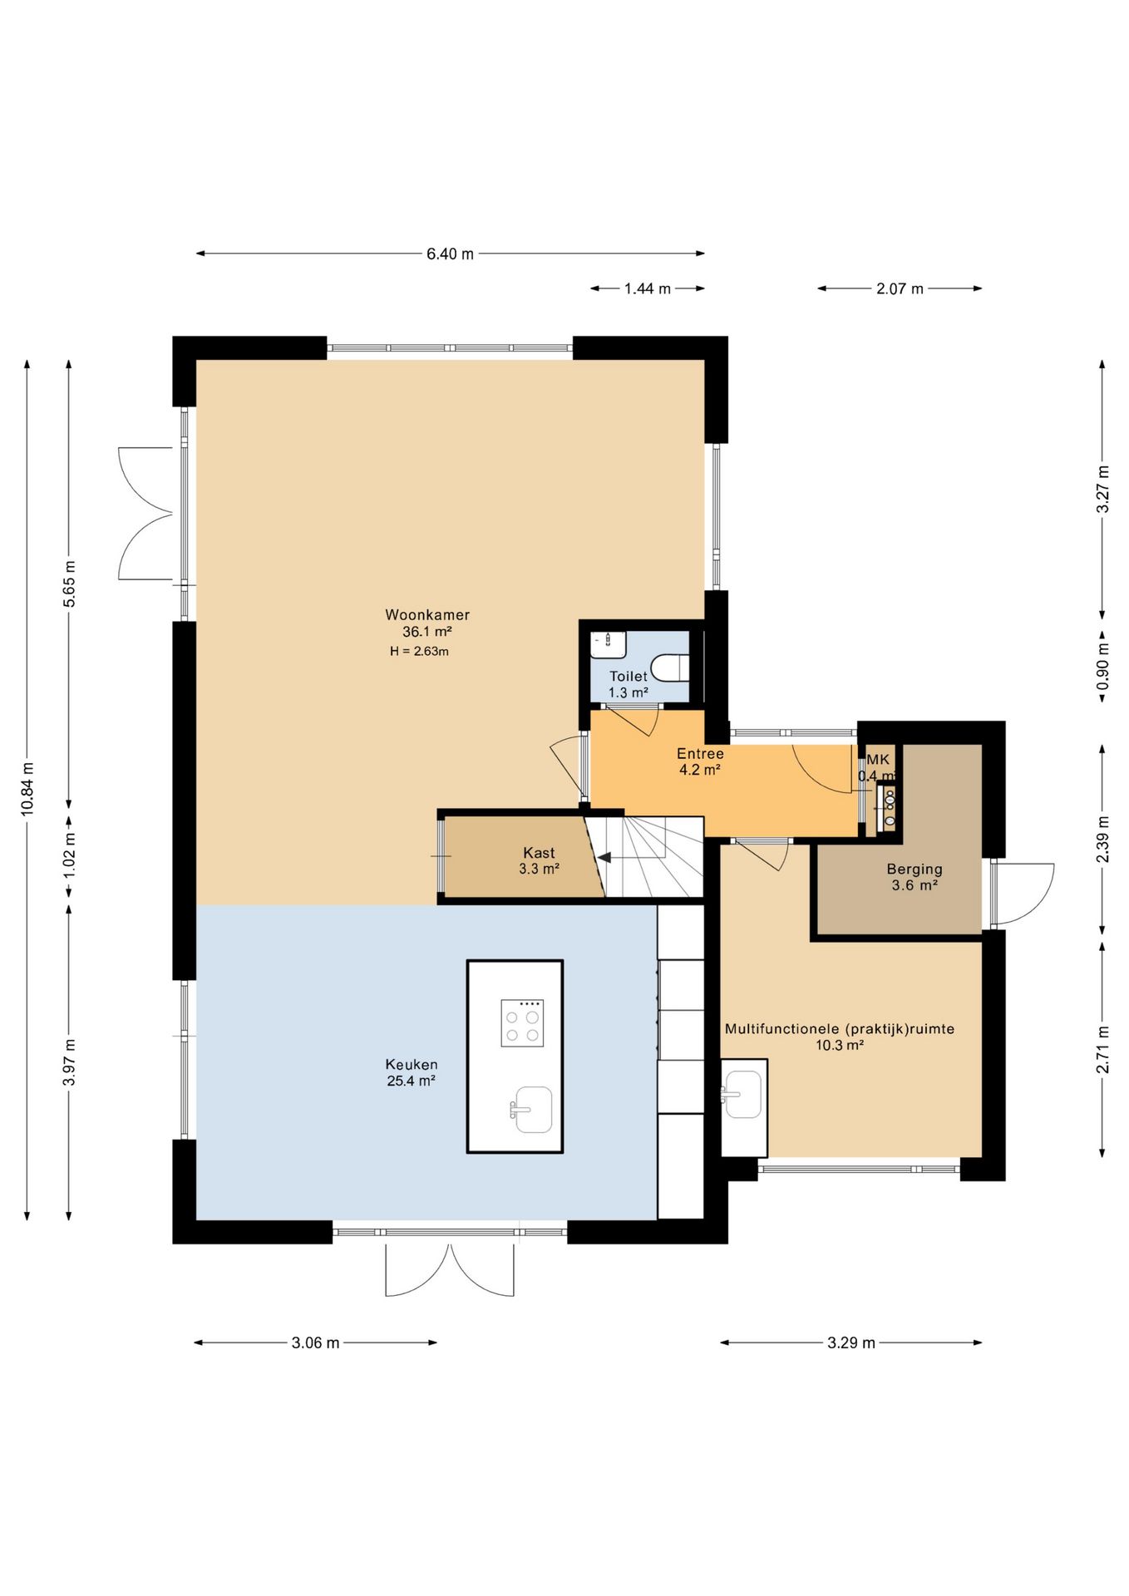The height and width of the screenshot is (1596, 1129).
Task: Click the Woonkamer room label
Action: click(427, 615)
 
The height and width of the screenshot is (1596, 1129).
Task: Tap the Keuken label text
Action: click(412, 1065)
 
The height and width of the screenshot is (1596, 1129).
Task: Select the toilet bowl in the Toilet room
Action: click(671, 667)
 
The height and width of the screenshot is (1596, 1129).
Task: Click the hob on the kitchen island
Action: click(522, 1023)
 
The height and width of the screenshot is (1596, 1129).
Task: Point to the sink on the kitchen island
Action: click(531, 1109)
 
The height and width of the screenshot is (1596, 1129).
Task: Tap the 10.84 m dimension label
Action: click(27, 789)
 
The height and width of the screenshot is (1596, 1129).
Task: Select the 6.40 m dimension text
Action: click(451, 254)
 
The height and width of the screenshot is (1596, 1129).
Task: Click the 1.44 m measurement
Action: click(648, 288)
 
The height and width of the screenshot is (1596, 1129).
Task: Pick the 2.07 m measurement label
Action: click(900, 288)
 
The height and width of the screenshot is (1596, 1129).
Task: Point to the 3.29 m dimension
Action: click(851, 1342)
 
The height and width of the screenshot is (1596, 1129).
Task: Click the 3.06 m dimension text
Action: click(315, 1342)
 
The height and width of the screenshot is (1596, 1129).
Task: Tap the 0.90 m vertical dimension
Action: click(1103, 667)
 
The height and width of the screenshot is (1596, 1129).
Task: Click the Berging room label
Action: click(915, 869)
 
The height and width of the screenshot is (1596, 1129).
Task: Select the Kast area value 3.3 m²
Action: click(539, 869)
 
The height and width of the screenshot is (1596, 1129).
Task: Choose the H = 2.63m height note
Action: click(419, 652)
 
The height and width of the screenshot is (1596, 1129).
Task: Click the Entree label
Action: click(700, 754)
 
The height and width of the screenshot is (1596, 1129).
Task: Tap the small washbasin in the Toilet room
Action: click(609, 645)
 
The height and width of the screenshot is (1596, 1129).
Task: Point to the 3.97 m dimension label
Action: click(70, 1062)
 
